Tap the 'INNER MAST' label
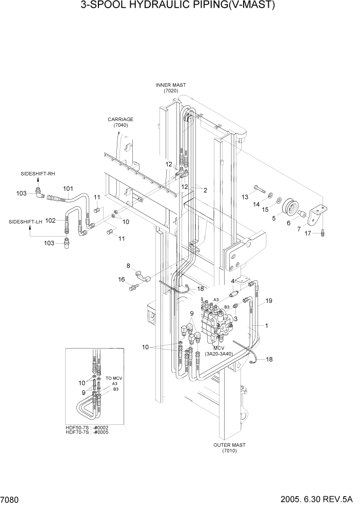(171, 85)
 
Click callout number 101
(68, 188)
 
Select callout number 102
(50, 221)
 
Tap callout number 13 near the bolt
(245, 197)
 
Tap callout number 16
(122, 279)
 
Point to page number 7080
(10, 499)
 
